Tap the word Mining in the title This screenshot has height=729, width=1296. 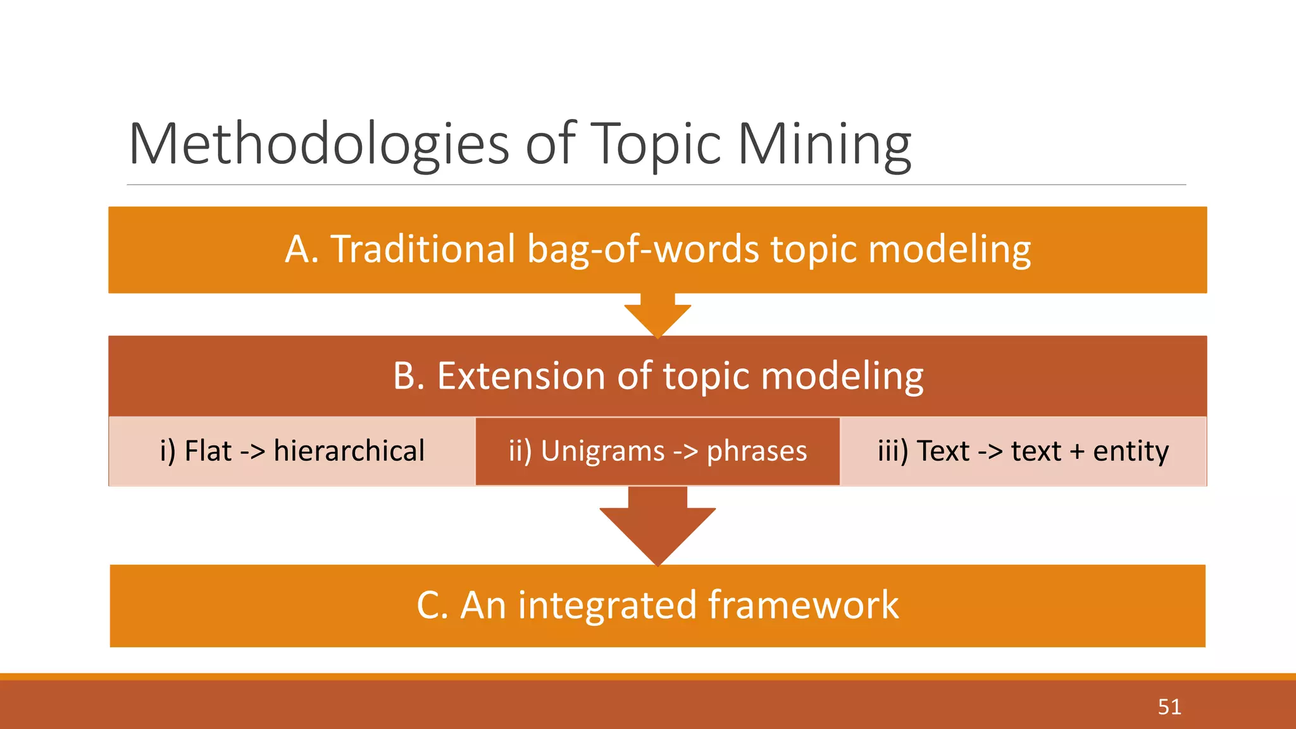click(x=824, y=144)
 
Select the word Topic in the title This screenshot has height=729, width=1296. click(x=656, y=144)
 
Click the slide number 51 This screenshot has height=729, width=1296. click(x=1169, y=706)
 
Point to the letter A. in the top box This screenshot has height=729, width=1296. click(x=302, y=249)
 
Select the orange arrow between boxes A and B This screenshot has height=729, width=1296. click(x=657, y=316)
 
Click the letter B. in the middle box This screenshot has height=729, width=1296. click(x=408, y=376)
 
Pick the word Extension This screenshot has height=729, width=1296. click(x=521, y=376)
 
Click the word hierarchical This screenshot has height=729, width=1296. click(x=349, y=451)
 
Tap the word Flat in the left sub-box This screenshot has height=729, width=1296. click(x=208, y=451)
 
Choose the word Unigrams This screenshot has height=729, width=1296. click(x=602, y=451)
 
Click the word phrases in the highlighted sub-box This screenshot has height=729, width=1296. click(x=757, y=451)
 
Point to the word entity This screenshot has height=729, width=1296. click(x=1131, y=451)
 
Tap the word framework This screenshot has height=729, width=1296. click(x=803, y=605)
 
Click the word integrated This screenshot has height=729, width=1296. click(x=607, y=605)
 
